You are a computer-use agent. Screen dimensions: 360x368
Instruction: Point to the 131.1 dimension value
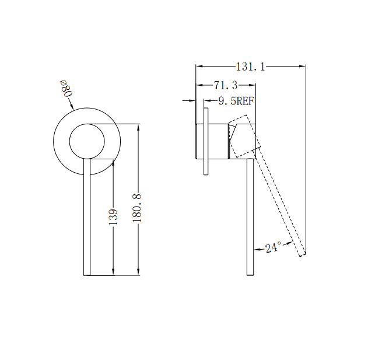coord(251,67)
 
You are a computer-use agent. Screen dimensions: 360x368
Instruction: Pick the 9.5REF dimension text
coord(236,101)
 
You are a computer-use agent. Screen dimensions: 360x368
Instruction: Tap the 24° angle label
coord(273,248)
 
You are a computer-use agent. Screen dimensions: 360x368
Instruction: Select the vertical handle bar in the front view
coord(87,222)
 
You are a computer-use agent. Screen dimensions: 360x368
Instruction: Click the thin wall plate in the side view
coord(206,141)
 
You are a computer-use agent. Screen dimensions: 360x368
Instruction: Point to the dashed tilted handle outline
coord(280,204)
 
